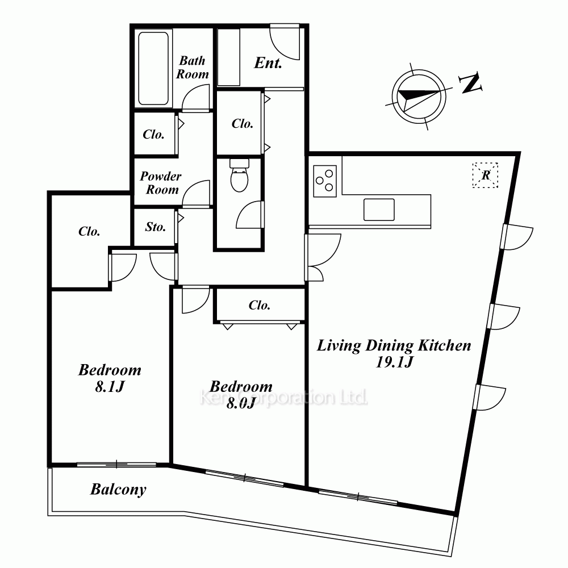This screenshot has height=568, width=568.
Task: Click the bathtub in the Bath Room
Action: (153, 69)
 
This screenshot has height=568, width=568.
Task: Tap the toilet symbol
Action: (240, 176)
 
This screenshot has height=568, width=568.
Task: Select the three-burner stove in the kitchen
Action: (325, 181)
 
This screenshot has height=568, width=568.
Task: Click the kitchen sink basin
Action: (379, 210)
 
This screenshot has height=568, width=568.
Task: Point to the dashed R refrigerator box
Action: (486, 176)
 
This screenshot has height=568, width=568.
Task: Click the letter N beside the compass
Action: (471, 83)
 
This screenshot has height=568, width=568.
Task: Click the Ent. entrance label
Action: (268, 63)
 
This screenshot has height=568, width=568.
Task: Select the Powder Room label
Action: (161, 183)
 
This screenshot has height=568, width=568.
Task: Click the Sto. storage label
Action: (156, 227)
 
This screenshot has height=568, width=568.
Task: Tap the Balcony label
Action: (119, 490)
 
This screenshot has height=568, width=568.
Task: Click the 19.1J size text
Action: (395, 362)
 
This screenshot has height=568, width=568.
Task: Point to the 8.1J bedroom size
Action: (110, 387)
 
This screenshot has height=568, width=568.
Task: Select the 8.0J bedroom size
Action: (241, 403)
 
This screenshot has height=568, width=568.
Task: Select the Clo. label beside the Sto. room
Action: (89, 232)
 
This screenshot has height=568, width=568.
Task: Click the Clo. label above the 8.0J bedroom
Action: (260, 306)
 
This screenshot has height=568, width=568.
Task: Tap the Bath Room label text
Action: (193, 68)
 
